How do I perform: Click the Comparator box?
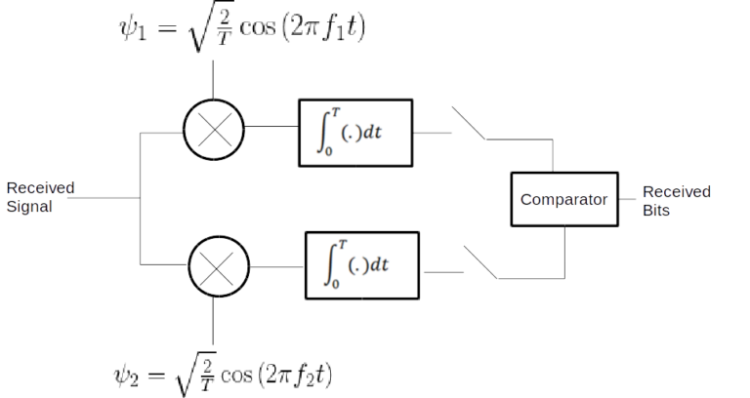click(x=565, y=201)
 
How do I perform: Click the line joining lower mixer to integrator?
click(x=277, y=265)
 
